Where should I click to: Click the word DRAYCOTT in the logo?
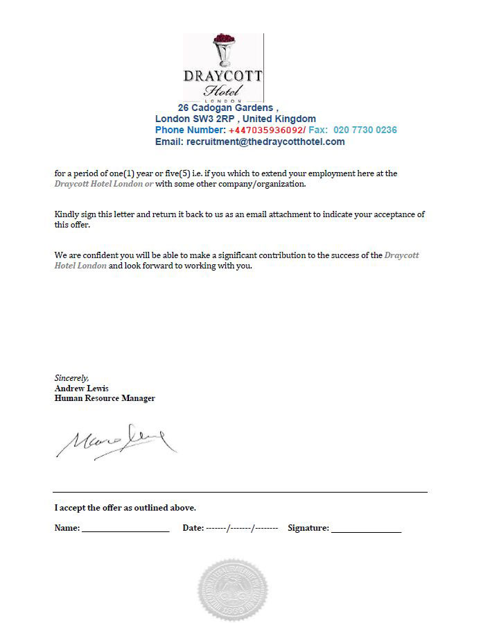pyautogui.click(x=223, y=76)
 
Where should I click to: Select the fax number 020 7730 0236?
pyautogui.click(x=365, y=130)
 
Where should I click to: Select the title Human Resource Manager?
pyautogui.click(x=105, y=398)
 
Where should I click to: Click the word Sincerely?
pyautogui.click(x=71, y=378)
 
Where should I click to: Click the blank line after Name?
pyautogui.click(x=125, y=529)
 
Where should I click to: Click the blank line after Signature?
pyautogui.click(x=366, y=529)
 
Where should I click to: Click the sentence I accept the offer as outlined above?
pyautogui.click(x=125, y=508)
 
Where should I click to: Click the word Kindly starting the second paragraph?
pyautogui.click(x=67, y=214)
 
